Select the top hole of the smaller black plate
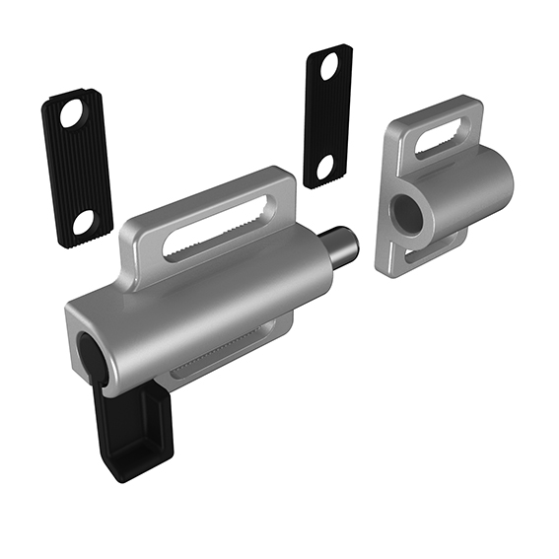329,67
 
